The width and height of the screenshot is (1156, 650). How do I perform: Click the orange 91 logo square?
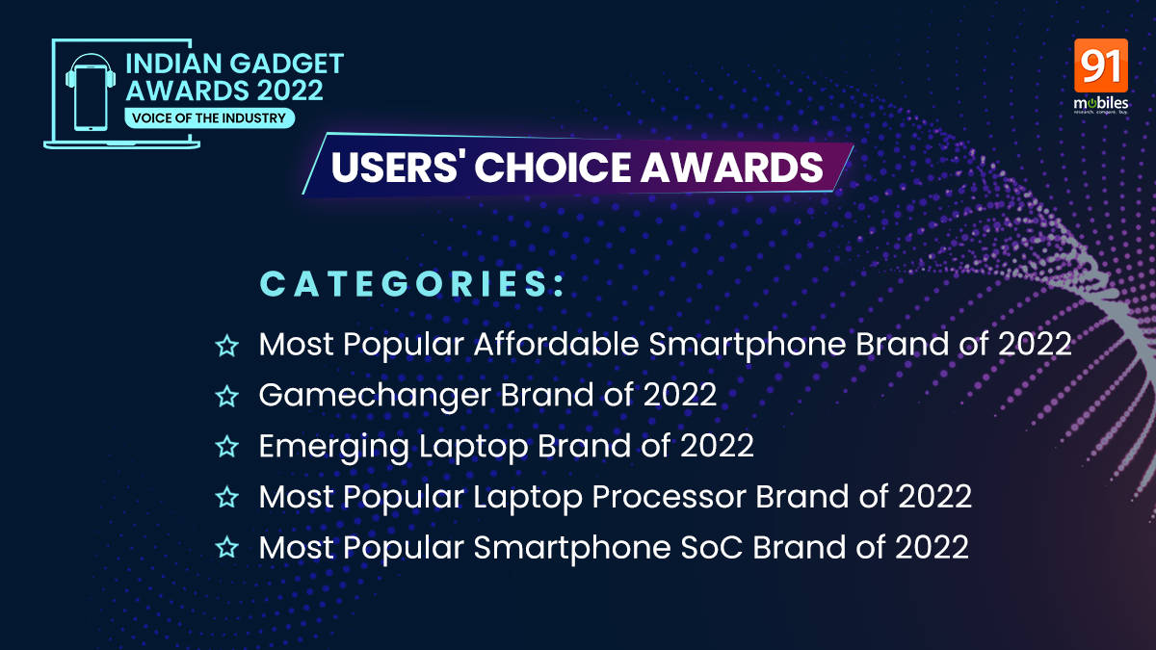(x=1101, y=65)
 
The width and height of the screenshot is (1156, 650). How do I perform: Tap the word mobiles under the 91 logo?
(x=1101, y=103)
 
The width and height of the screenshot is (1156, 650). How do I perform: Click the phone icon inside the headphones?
(x=91, y=97)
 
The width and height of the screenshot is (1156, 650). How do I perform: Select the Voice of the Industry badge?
(x=209, y=118)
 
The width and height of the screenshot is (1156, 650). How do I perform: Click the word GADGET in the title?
(x=286, y=64)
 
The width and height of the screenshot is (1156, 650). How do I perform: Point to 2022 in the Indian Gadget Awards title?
(x=290, y=91)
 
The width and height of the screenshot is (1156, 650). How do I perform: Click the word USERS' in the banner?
(x=395, y=168)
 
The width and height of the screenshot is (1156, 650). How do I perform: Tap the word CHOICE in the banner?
(x=552, y=168)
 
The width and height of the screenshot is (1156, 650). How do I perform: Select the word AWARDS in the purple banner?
(x=732, y=168)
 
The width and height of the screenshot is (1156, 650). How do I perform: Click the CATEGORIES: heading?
(x=412, y=284)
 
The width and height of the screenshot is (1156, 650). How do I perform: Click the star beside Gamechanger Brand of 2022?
(x=226, y=396)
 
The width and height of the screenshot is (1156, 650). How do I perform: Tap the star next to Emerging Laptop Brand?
(x=226, y=447)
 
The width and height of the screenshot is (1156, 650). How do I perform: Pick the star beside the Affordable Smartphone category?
(x=226, y=346)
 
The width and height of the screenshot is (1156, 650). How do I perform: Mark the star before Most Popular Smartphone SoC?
(x=226, y=547)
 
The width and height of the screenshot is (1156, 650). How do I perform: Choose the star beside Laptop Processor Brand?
(x=226, y=497)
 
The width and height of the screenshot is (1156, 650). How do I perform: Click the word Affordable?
(x=557, y=344)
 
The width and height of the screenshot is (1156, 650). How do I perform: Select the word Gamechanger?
(x=375, y=396)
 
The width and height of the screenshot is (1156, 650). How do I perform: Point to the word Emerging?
(x=334, y=447)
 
